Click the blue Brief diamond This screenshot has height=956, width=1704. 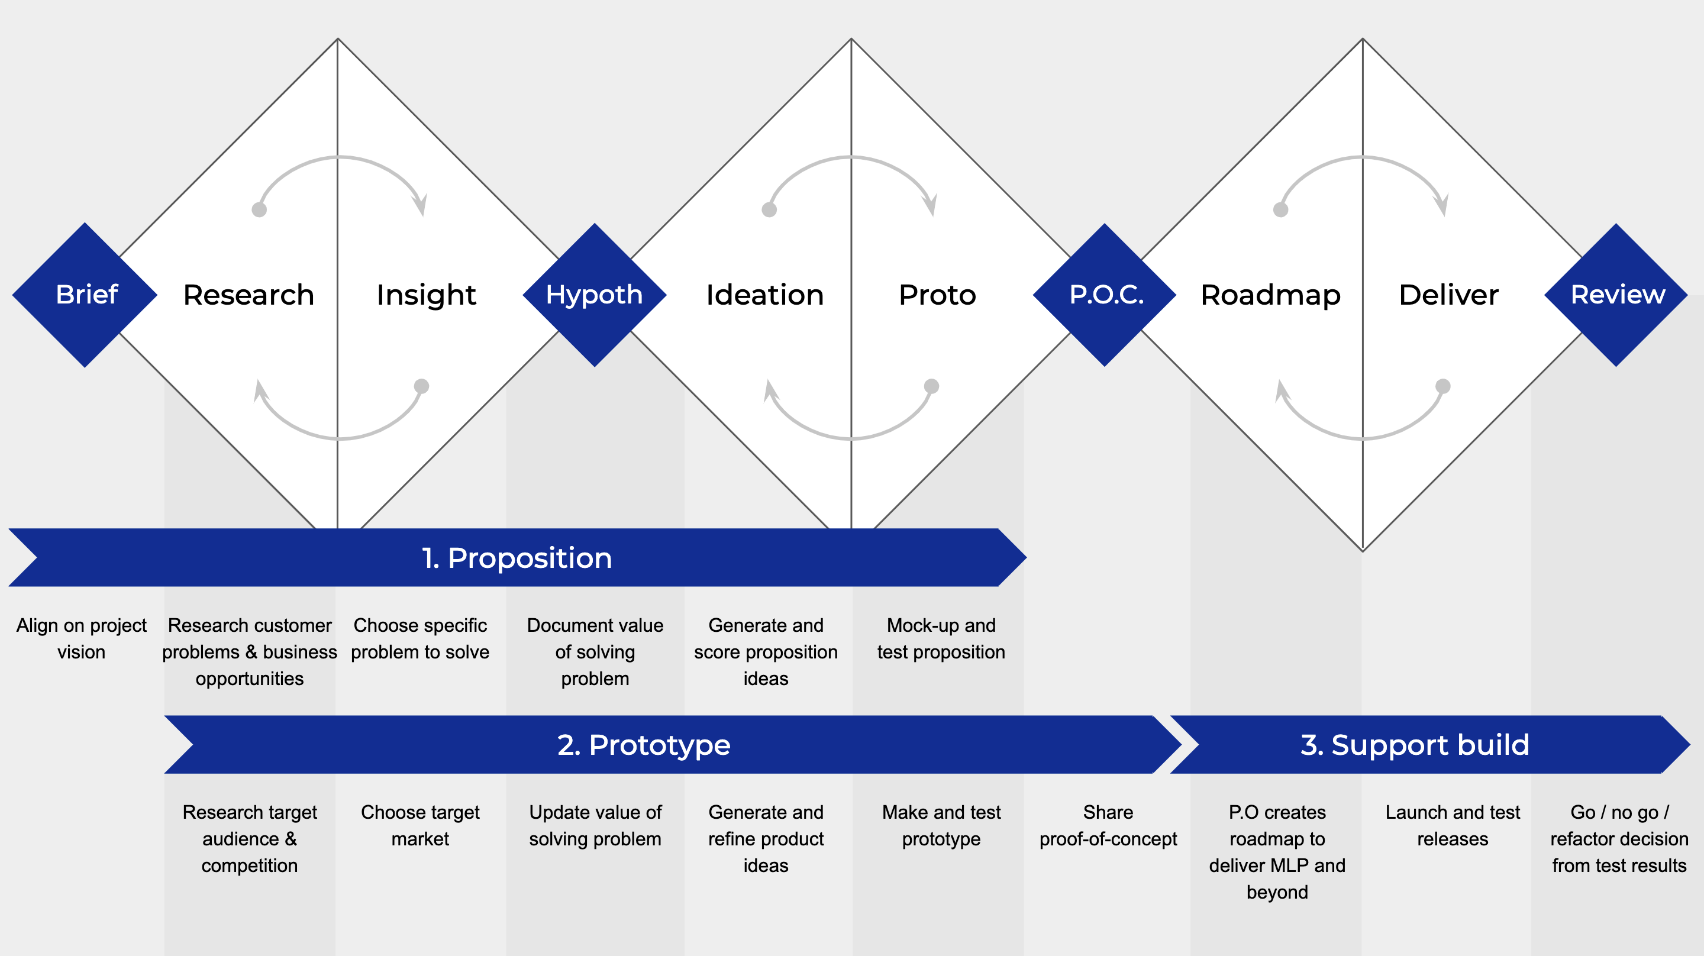(85, 295)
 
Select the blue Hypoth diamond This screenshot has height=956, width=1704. (595, 295)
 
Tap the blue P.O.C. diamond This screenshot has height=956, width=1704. (1105, 295)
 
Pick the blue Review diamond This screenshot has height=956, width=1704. (1616, 295)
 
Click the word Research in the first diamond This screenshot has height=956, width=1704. (248, 295)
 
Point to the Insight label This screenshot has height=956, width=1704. (426, 295)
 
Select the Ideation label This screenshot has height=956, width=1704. (764, 295)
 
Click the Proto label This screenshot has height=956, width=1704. (937, 295)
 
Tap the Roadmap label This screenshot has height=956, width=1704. (1271, 296)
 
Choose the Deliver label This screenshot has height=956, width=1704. (1448, 295)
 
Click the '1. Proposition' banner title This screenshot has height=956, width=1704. (517, 558)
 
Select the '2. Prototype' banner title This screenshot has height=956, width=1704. (644, 745)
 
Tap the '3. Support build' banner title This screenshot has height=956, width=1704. (1415, 745)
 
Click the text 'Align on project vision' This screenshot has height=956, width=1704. (82, 638)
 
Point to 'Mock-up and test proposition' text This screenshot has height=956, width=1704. (941, 638)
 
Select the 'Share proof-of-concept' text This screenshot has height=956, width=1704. (1108, 825)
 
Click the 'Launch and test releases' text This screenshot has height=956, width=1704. (1453, 825)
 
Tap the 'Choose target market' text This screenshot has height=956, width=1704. (420, 825)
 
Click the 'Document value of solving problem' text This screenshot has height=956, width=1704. (595, 652)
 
